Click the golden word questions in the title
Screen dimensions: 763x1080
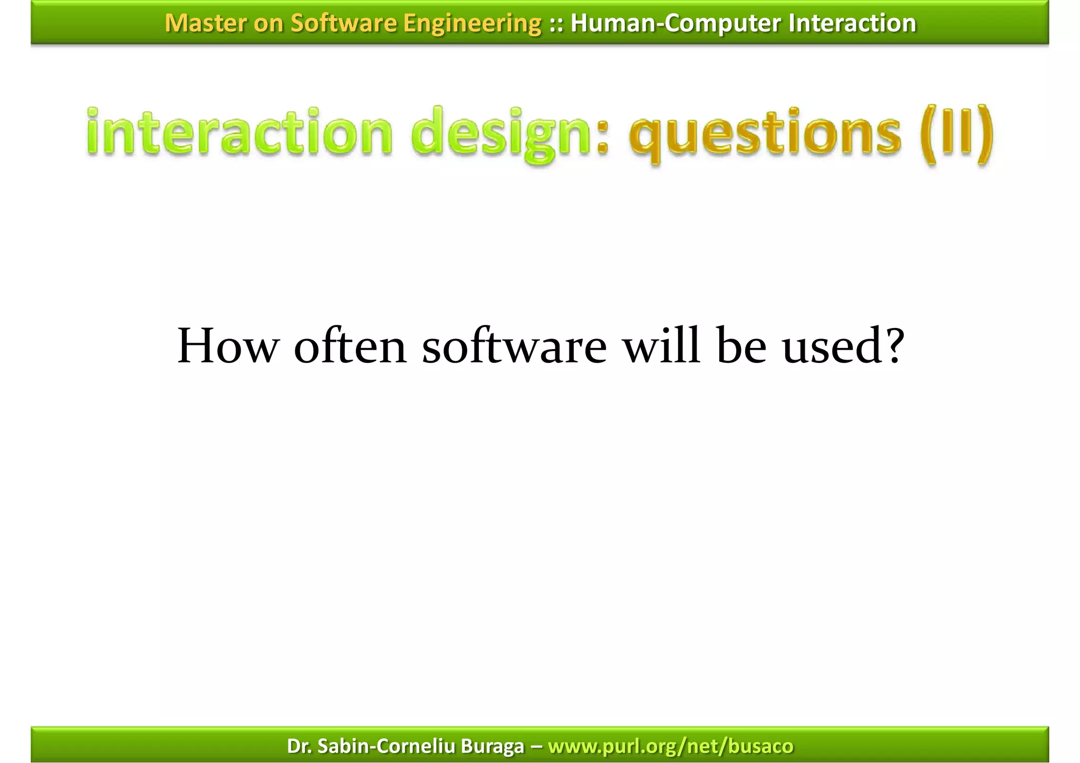coord(765,134)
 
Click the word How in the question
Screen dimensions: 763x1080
coord(227,346)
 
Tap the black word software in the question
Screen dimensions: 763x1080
coord(514,346)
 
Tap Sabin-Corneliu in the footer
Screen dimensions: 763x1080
coord(387,746)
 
